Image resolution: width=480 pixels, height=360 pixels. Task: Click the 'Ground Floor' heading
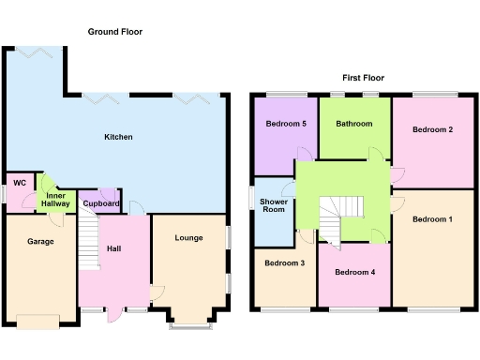point(114,32)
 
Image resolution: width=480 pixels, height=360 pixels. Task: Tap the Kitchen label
point(118,137)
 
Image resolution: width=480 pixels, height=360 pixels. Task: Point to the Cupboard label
point(100,203)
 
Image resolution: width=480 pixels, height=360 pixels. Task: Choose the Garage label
point(39,241)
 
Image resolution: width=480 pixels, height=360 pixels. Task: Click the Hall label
point(113,248)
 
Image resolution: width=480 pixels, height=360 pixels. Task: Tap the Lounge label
point(188,238)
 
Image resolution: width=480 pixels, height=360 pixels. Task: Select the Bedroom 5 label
point(285,124)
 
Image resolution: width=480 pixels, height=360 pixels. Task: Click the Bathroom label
point(354,124)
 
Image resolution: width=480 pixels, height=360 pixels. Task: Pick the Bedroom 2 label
point(433,129)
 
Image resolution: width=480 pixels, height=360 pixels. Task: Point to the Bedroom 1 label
point(432,219)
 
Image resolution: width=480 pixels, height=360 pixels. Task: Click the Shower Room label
point(274,204)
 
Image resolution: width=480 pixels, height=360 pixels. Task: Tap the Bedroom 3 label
point(283,263)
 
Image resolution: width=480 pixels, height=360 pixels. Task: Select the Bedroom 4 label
point(355,273)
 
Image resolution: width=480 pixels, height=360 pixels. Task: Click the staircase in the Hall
point(89,238)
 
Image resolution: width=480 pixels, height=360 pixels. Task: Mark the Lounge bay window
point(191,324)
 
